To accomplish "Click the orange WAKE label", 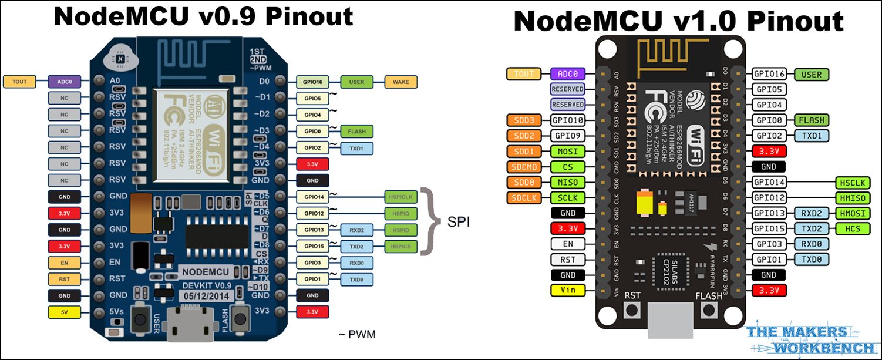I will click(400, 82).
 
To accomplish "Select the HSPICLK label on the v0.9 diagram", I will click(401, 197).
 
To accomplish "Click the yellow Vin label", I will click(568, 290).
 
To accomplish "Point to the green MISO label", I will click(568, 183).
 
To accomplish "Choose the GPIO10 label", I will click(568, 120).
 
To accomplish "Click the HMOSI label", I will click(853, 213).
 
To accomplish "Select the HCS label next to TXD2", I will click(853, 228).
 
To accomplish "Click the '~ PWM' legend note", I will click(356, 335).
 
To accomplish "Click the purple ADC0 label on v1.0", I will click(568, 74).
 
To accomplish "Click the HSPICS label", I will click(401, 245).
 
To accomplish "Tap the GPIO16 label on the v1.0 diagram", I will click(770, 74).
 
